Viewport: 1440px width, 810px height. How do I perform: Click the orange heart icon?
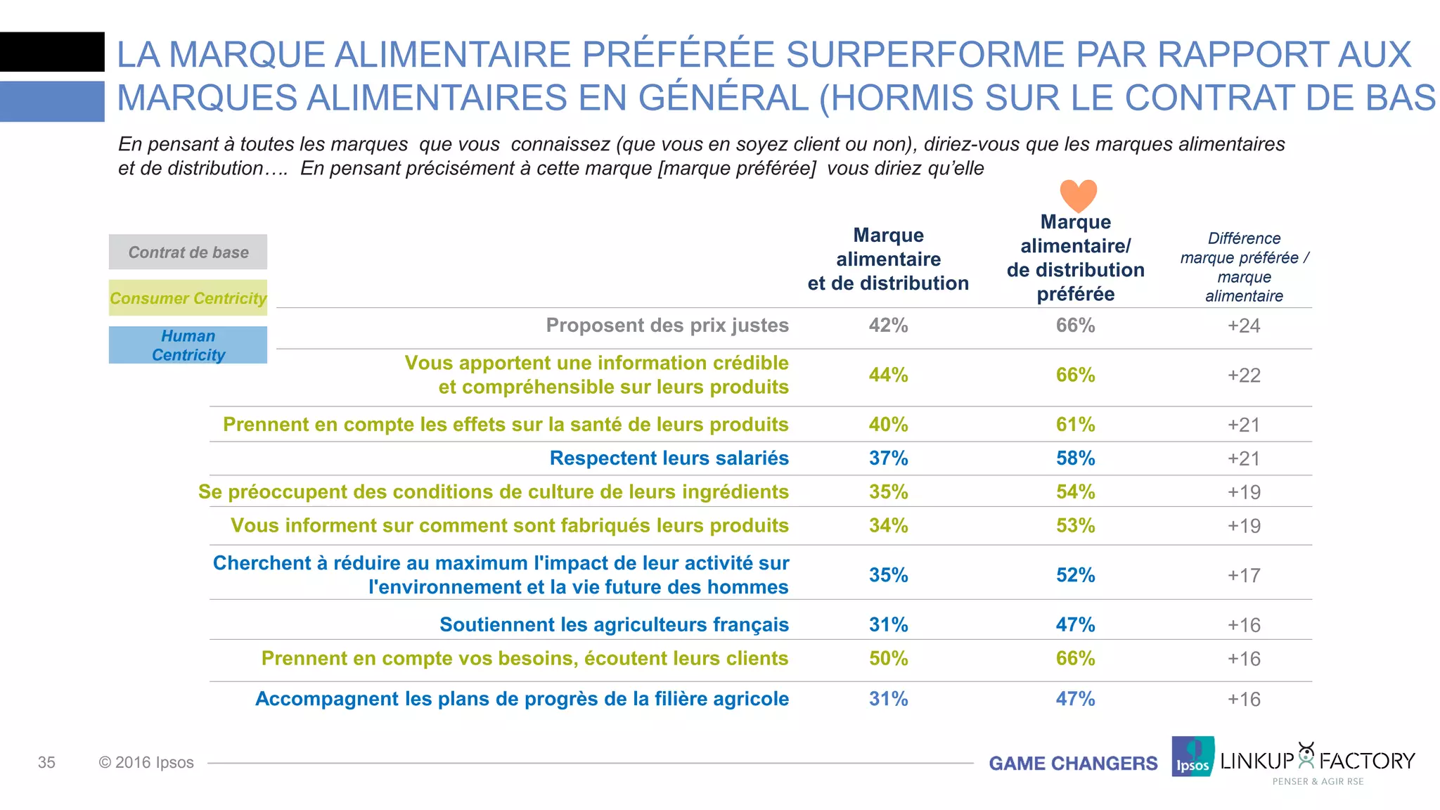1078,195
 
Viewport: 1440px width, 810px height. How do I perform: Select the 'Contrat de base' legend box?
188,252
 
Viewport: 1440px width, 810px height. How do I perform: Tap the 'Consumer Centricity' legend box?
188,298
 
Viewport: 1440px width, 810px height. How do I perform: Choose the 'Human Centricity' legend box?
188,345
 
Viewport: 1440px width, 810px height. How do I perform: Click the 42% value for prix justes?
888,326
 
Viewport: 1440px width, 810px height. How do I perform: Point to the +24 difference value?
1243,326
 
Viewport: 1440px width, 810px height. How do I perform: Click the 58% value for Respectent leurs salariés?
1075,458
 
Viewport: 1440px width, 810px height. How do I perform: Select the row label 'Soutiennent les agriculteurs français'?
614,624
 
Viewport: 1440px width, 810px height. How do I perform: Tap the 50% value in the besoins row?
888,659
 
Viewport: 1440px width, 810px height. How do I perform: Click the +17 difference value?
1243,576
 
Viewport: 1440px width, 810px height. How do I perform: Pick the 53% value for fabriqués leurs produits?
1075,526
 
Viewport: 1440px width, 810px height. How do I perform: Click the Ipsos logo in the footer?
1192,757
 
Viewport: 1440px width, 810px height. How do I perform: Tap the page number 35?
46,763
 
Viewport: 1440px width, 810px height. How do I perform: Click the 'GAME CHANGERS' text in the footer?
1073,764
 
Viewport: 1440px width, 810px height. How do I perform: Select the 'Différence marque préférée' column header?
1244,267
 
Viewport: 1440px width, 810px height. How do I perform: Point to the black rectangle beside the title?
52,52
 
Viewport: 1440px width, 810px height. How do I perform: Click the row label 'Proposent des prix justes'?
667,326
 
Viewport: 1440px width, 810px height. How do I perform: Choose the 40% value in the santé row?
888,425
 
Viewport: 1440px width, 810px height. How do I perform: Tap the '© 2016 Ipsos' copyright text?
146,763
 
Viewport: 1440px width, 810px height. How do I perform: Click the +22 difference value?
1243,375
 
